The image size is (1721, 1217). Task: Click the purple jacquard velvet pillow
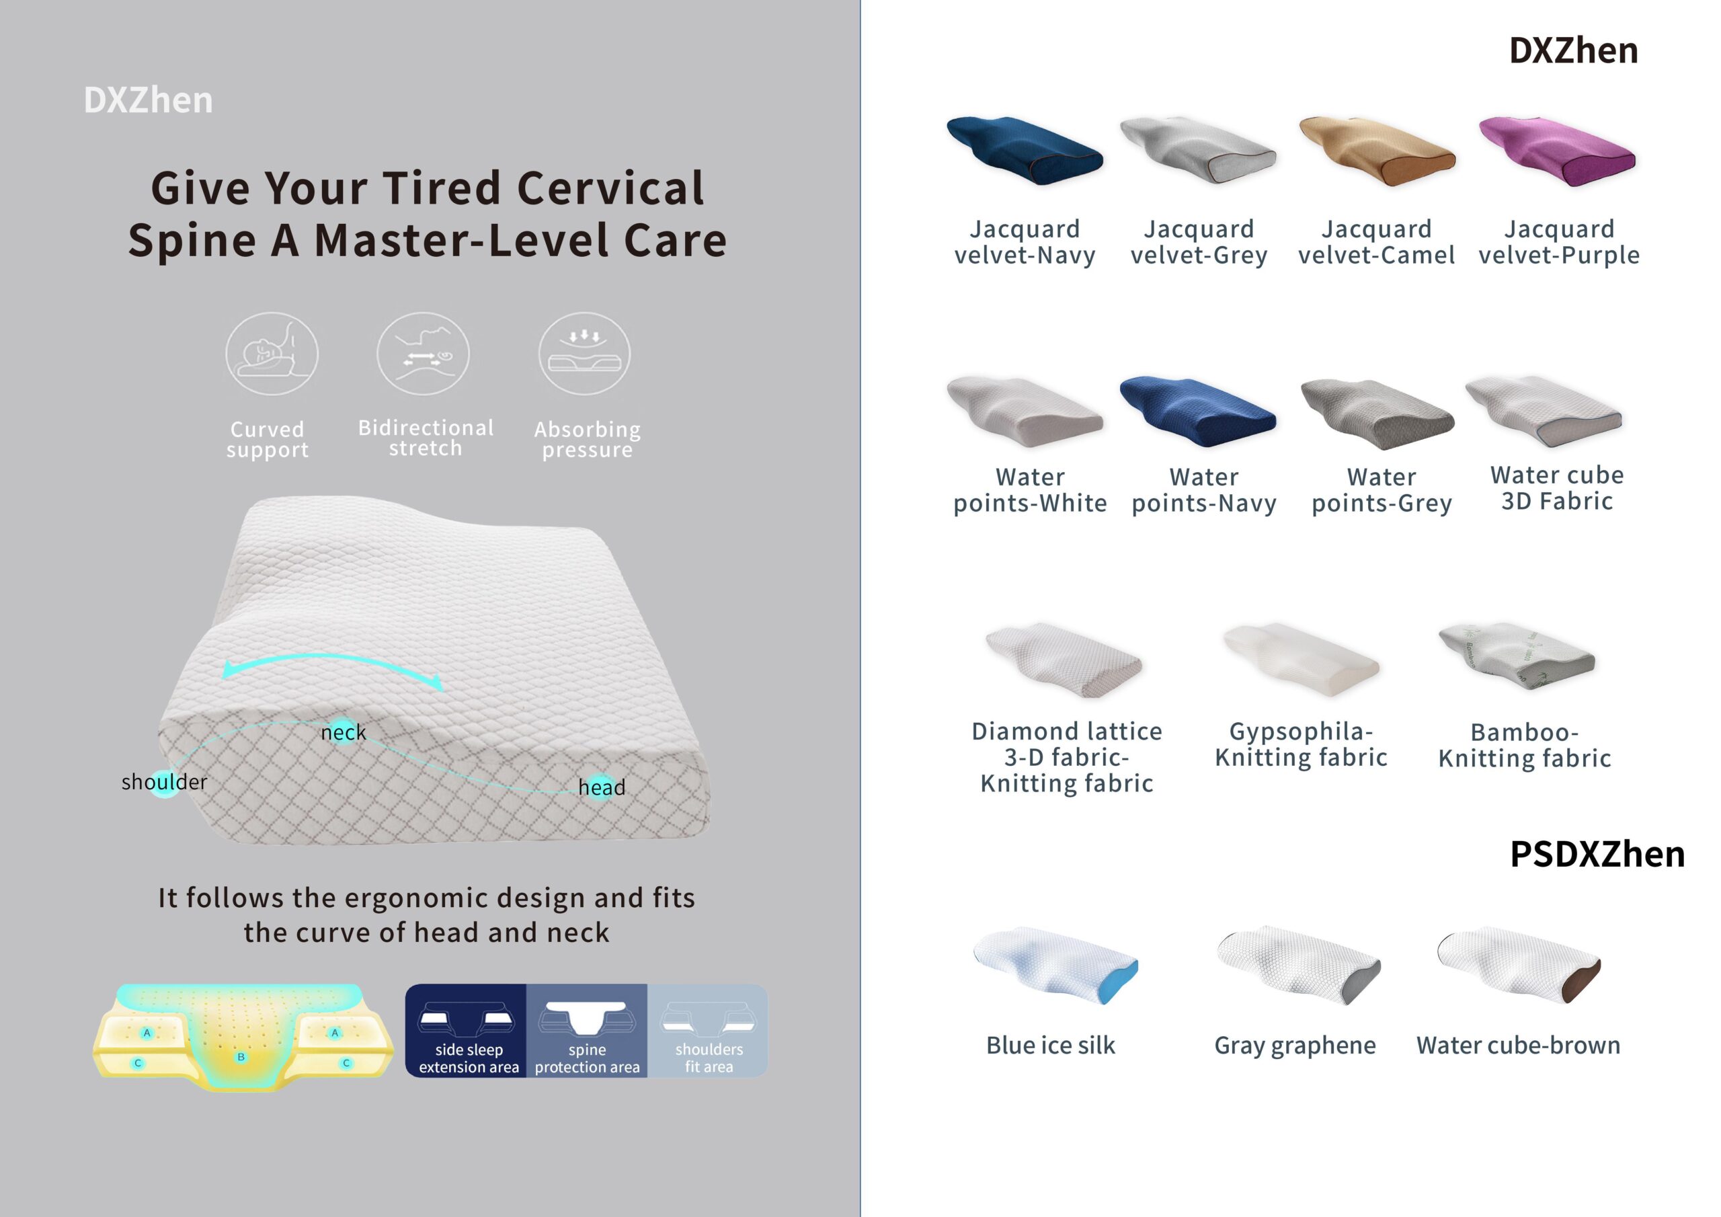[1557, 150]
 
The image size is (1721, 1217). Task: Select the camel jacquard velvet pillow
[1377, 150]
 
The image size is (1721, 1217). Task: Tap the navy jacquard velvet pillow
[1025, 150]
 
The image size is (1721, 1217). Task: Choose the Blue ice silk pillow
[1056, 964]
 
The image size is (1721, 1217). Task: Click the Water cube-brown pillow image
[1519, 964]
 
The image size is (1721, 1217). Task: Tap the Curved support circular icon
[272, 354]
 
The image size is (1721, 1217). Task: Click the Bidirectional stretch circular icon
[423, 354]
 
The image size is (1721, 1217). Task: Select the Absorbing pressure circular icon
[585, 354]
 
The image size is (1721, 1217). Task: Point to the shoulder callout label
[164, 782]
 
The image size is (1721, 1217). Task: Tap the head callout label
[602, 787]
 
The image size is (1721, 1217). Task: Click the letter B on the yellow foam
[241, 1057]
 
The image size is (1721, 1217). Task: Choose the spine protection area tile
[587, 1031]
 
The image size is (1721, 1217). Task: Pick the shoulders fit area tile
[708, 1031]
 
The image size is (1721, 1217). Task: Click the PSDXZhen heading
[1597, 854]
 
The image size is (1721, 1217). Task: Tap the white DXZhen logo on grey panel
[149, 100]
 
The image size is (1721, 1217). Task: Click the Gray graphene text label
[1295, 1046]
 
